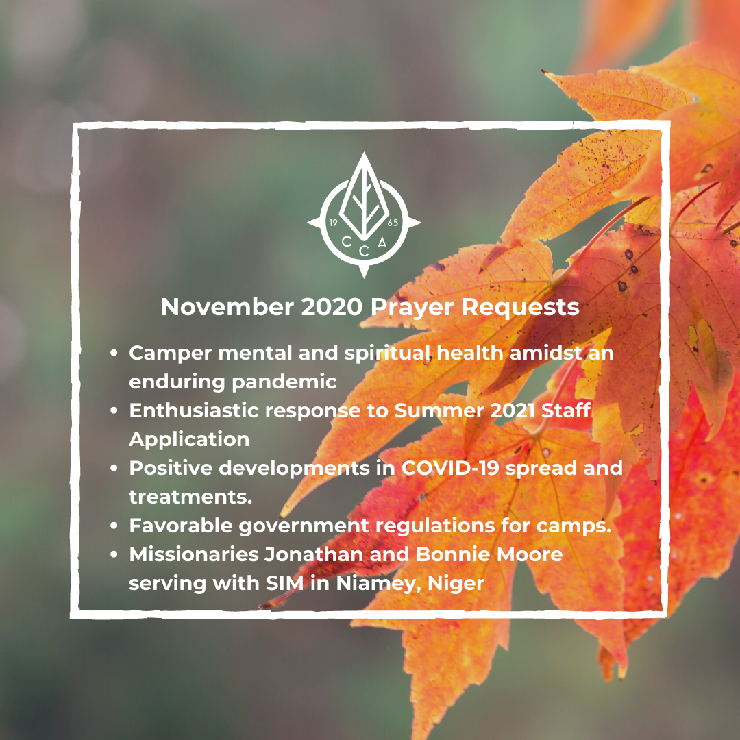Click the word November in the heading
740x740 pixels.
pyautogui.click(x=227, y=307)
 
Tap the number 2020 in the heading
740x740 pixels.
pyautogui.click(x=332, y=307)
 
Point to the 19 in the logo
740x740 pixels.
pyautogui.click(x=333, y=223)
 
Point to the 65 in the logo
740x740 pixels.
pyautogui.click(x=393, y=223)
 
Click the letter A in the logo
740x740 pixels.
pyautogui.click(x=382, y=243)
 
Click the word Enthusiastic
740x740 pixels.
pyautogui.click(x=195, y=410)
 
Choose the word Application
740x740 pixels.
pyautogui.click(x=189, y=440)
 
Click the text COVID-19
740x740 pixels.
pyautogui.click(x=450, y=468)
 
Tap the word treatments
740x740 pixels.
pyautogui.click(x=190, y=497)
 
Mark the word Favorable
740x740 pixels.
pyautogui.click(x=181, y=526)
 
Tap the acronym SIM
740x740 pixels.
pyautogui.click(x=284, y=583)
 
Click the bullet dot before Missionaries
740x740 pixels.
pyautogui.click(x=114, y=554)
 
